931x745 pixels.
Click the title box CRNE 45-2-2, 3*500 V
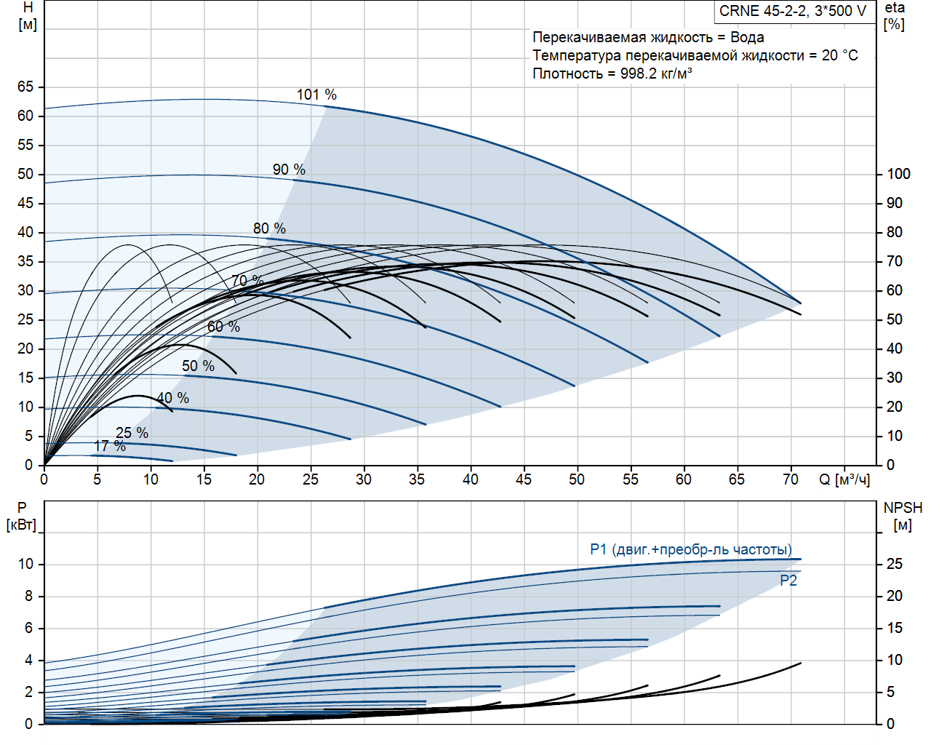pos(793,12)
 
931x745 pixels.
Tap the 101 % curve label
pos(316,95)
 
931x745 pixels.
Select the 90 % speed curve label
pos(289,170)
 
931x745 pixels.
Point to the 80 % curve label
pos(269,228)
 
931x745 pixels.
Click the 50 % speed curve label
pos(198,366)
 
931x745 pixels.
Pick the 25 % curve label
pos(132,433)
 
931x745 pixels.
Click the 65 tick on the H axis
pos(25,87)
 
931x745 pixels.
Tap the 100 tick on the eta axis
pos(898,174)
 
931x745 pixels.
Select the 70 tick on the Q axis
pos(790,479)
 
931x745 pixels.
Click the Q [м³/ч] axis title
pos(844,479)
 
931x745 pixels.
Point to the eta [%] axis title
pos(895,16)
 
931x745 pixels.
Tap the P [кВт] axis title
pos(21,517)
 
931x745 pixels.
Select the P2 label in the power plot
pos(788,581)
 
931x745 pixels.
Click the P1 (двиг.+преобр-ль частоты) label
pos(690,549)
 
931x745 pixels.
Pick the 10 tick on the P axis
pos(26,564)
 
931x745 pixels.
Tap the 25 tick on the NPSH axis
pos(894,564)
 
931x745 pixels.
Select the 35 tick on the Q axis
pos(417,479)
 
